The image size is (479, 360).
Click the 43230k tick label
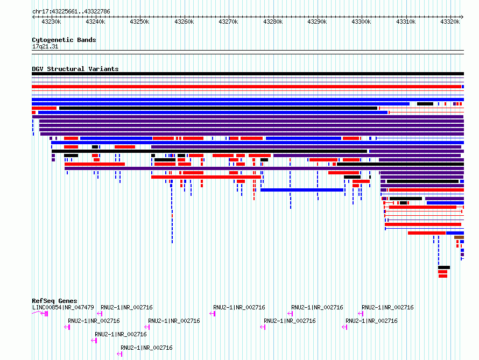(51, 22)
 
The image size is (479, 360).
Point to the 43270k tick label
(229, 22)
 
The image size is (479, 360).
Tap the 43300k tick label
(361, 22)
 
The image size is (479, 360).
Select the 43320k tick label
(450, 22)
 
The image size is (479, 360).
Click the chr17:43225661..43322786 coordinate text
(71, 12)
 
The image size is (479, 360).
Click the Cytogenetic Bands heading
(64, 40)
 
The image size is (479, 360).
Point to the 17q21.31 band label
(45, 46)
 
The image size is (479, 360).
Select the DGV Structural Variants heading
(75, 69)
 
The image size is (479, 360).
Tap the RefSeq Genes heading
(54, 301)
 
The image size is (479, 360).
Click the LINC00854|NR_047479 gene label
(63, 307)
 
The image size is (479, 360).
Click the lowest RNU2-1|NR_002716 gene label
(146, 348)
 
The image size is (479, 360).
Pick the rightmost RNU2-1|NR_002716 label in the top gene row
(388, 307)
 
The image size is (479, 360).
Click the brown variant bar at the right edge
(459, 237)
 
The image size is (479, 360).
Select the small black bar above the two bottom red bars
(444, 267)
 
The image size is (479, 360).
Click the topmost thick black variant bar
(248, 74)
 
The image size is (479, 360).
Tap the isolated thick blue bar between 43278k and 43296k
(302, 190)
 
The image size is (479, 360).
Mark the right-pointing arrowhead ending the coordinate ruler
(462, 17)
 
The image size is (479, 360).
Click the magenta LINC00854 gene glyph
(40, 313)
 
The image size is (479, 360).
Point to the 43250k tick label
(139, 22)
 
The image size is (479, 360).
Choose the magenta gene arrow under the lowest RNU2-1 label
(119, 354)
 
